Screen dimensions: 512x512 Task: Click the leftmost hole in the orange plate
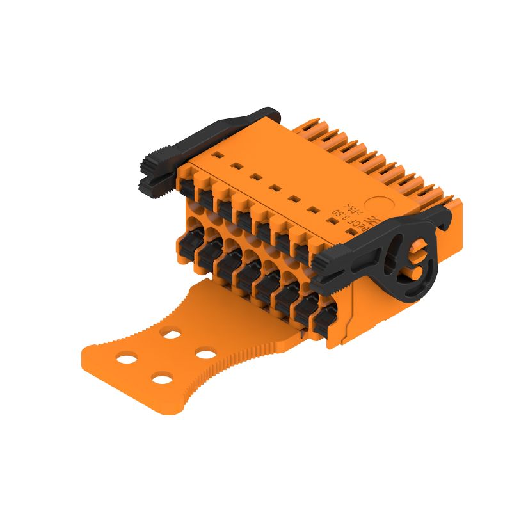(x=127, y=358)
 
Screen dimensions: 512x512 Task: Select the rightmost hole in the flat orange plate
(x=205, y=353)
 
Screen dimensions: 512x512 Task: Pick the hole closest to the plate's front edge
(x=163, y=380)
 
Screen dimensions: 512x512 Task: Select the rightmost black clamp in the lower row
(x=328, y=316)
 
